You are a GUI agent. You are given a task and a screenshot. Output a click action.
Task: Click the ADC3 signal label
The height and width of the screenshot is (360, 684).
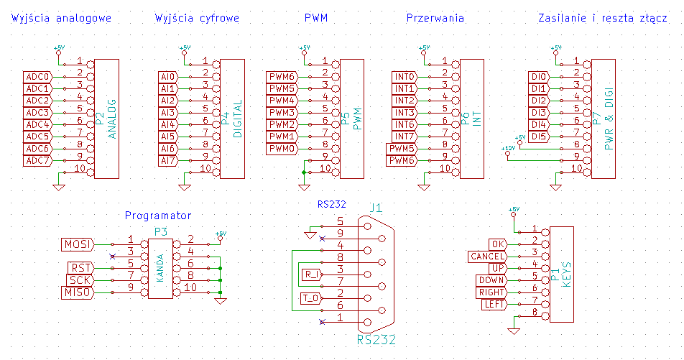tap(37, 113)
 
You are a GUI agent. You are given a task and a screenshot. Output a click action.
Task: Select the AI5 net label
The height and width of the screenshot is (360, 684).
tap(169, 137)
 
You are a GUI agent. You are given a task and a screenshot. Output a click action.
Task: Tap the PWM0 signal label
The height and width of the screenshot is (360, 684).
tap(282, 149)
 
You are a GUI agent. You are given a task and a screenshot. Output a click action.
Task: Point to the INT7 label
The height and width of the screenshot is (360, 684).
tap(405, 137)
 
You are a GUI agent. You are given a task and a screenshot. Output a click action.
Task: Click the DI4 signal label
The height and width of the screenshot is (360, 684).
tap(539, 124)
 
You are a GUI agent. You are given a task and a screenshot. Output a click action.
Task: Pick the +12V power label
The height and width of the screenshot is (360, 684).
tap(507, 148)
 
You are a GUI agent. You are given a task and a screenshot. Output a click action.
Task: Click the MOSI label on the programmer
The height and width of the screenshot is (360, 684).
tap(77, 245)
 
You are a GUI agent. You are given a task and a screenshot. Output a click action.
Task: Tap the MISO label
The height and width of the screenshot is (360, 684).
tap(77, 292)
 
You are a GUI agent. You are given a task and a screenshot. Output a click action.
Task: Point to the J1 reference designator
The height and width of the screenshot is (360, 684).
tap(376, 208)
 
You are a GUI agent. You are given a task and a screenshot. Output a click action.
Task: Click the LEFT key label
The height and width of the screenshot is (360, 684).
tap(494, 305)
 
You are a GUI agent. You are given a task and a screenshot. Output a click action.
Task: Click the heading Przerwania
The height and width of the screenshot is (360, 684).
tap(435, 18)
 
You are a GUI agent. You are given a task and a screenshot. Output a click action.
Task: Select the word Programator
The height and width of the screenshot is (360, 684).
tap(158, 215)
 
